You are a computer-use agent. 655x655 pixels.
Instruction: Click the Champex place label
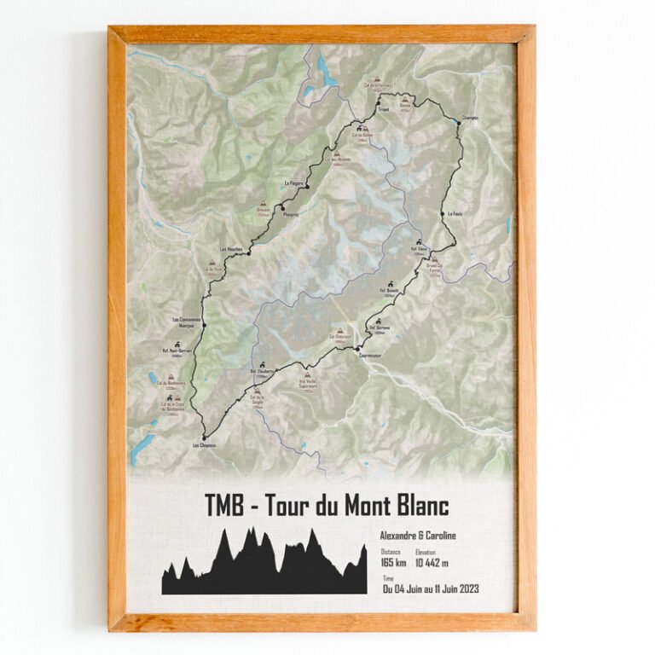469,118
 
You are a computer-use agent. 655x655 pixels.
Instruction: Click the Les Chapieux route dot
205,437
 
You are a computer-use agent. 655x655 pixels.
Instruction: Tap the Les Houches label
232,249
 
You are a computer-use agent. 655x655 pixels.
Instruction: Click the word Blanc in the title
416,506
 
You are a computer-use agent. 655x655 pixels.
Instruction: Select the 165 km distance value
393,564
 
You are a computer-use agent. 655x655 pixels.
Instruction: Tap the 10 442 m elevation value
432,564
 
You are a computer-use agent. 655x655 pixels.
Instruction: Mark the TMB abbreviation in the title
225,506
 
